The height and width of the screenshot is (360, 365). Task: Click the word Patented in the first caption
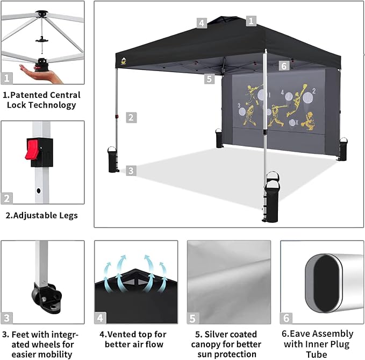tap(32, 95)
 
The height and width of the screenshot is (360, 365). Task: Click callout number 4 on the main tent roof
tap(202, 23)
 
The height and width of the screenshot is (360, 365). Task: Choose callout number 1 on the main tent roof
tap(251, 21)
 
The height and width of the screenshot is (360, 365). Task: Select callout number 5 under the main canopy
tap(210, 79)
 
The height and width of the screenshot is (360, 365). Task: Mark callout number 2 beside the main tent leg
tap(131, 117)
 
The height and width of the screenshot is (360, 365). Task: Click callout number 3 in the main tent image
tap(131, 171)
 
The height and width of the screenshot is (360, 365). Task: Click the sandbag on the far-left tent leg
tap(113, 159)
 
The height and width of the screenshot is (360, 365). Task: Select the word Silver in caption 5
tap(218, 334)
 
